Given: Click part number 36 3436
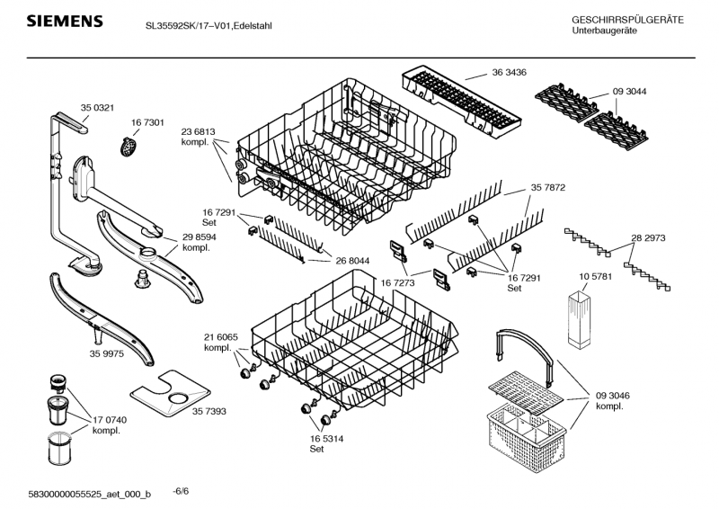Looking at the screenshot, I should pyautogui.click(x=509, y=73).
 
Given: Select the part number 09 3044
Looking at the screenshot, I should pyautogui.click(x=630, y=91).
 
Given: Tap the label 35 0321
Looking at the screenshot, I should pyautogui.click(x=98, y=108).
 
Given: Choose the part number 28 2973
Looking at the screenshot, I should pyautogui.click(x=648, y=238).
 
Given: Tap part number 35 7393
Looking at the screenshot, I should pyautogui.click(x=209, y=410).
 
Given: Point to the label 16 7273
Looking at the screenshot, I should pyautogui.click(x=398, y=281).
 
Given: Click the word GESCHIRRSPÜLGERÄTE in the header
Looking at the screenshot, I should pyautogui.click(x=627, y=20).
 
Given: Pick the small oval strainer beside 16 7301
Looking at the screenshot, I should pyautogui.click(x=130, y=143).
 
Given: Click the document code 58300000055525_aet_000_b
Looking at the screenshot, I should pyautogui.click(x=91, y=495).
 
